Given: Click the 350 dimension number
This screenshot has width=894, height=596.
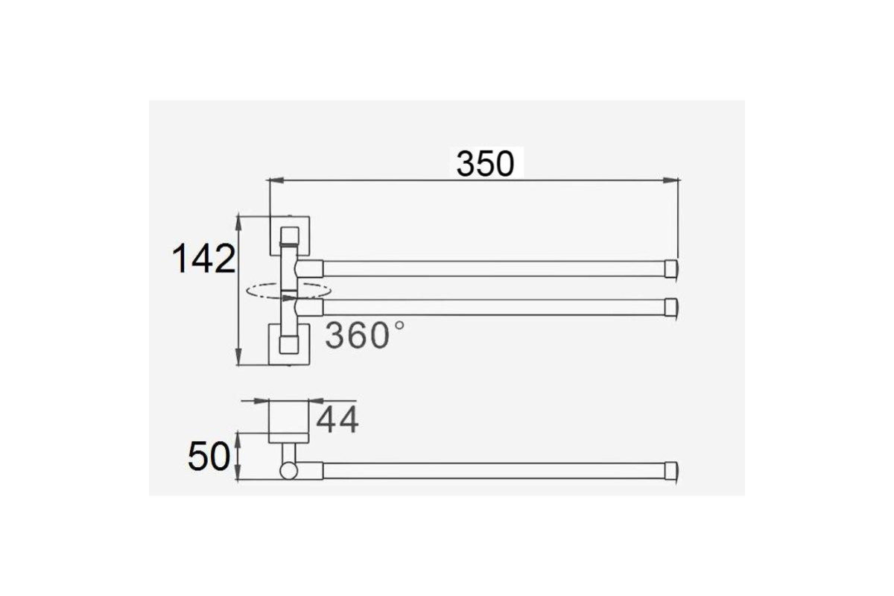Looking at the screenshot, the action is [485, 164].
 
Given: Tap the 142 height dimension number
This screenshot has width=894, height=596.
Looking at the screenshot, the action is [203, 259].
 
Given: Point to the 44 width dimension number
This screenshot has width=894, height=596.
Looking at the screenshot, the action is [337, 419].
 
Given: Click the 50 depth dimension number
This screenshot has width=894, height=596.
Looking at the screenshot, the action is [209, 457].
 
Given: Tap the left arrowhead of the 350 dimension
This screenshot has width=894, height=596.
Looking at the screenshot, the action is [276, 180].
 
